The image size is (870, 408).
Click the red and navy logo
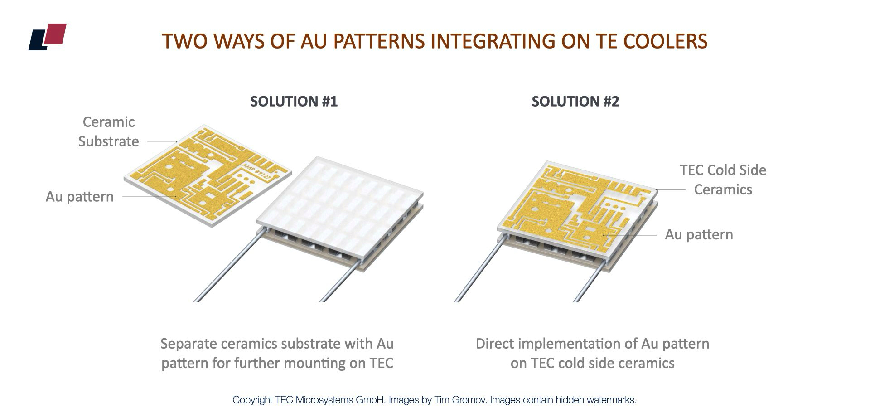(x=48, y=37)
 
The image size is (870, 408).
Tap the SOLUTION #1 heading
(x=294, y=101)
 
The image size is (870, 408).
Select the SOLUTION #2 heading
(x=575, y=101)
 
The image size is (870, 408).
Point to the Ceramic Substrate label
(x=108, y=131)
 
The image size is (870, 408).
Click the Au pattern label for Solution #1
(x=80, y=197)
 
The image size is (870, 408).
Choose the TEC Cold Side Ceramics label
(x=723, y=180)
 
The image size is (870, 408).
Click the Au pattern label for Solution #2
(x=699, y=234)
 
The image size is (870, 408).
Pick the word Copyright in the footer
(x=252, y=400)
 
